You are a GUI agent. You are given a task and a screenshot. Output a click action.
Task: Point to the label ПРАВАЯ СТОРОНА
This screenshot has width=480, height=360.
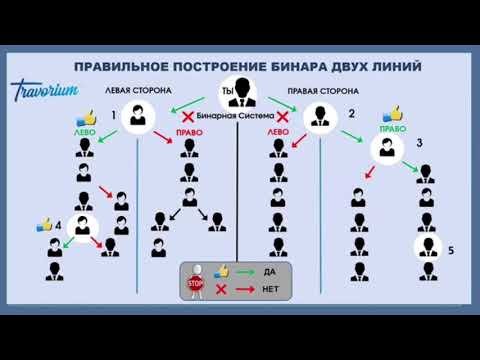click(323, 89)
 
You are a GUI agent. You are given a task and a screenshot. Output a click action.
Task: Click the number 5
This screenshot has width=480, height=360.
click(451, 250)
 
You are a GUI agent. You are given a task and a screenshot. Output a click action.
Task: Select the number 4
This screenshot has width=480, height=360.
click(58, 226)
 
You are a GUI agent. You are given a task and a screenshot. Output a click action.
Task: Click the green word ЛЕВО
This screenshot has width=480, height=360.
click(85, 132)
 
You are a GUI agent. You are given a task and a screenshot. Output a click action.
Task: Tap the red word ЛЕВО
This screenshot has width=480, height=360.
click(278, 132)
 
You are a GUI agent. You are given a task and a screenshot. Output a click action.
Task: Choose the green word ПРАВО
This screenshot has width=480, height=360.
click(391, 128)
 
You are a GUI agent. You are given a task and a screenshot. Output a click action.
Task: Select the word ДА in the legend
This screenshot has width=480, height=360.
click(269, 271)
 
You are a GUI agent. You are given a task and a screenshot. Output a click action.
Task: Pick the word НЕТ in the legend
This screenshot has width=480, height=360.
click(270, 290)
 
